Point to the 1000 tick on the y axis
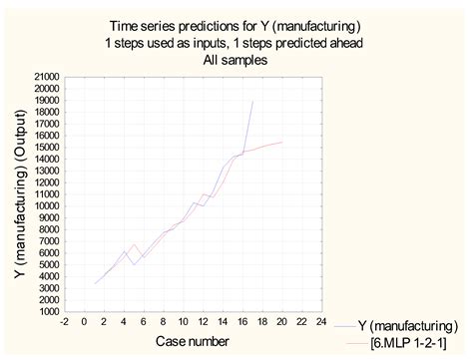coord(50,311)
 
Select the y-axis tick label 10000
coord(47,205)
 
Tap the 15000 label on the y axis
coord(47,147)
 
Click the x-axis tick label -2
coord(66,322)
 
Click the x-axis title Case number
coord(194,341)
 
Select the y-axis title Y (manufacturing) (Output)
coord(19,193)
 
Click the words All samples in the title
coord(237,59)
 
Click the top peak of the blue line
coord(252,101)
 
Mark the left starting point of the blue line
coord(96,283)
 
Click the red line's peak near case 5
coord(135,244)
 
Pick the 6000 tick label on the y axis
coord(50,252)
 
